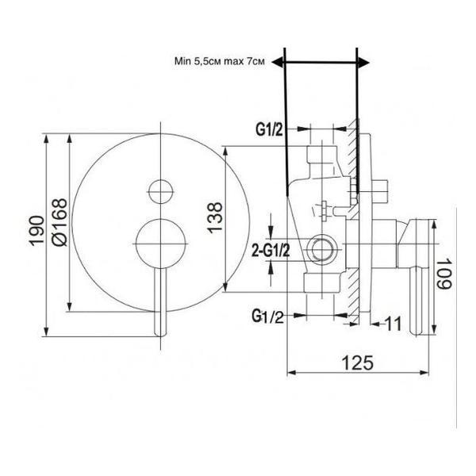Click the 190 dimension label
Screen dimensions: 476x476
click(36, 231)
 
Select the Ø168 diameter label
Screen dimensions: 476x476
click(59, 222)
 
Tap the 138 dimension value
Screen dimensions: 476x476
click(215, 217)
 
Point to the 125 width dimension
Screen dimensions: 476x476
click(357, 363)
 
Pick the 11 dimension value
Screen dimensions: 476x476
click(393, 324)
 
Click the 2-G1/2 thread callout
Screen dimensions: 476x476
click(271, 251)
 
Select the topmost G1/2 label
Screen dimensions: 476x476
click(269, 130)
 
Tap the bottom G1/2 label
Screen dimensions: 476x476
click(267, 317)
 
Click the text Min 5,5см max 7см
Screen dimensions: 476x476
click(220, 61)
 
